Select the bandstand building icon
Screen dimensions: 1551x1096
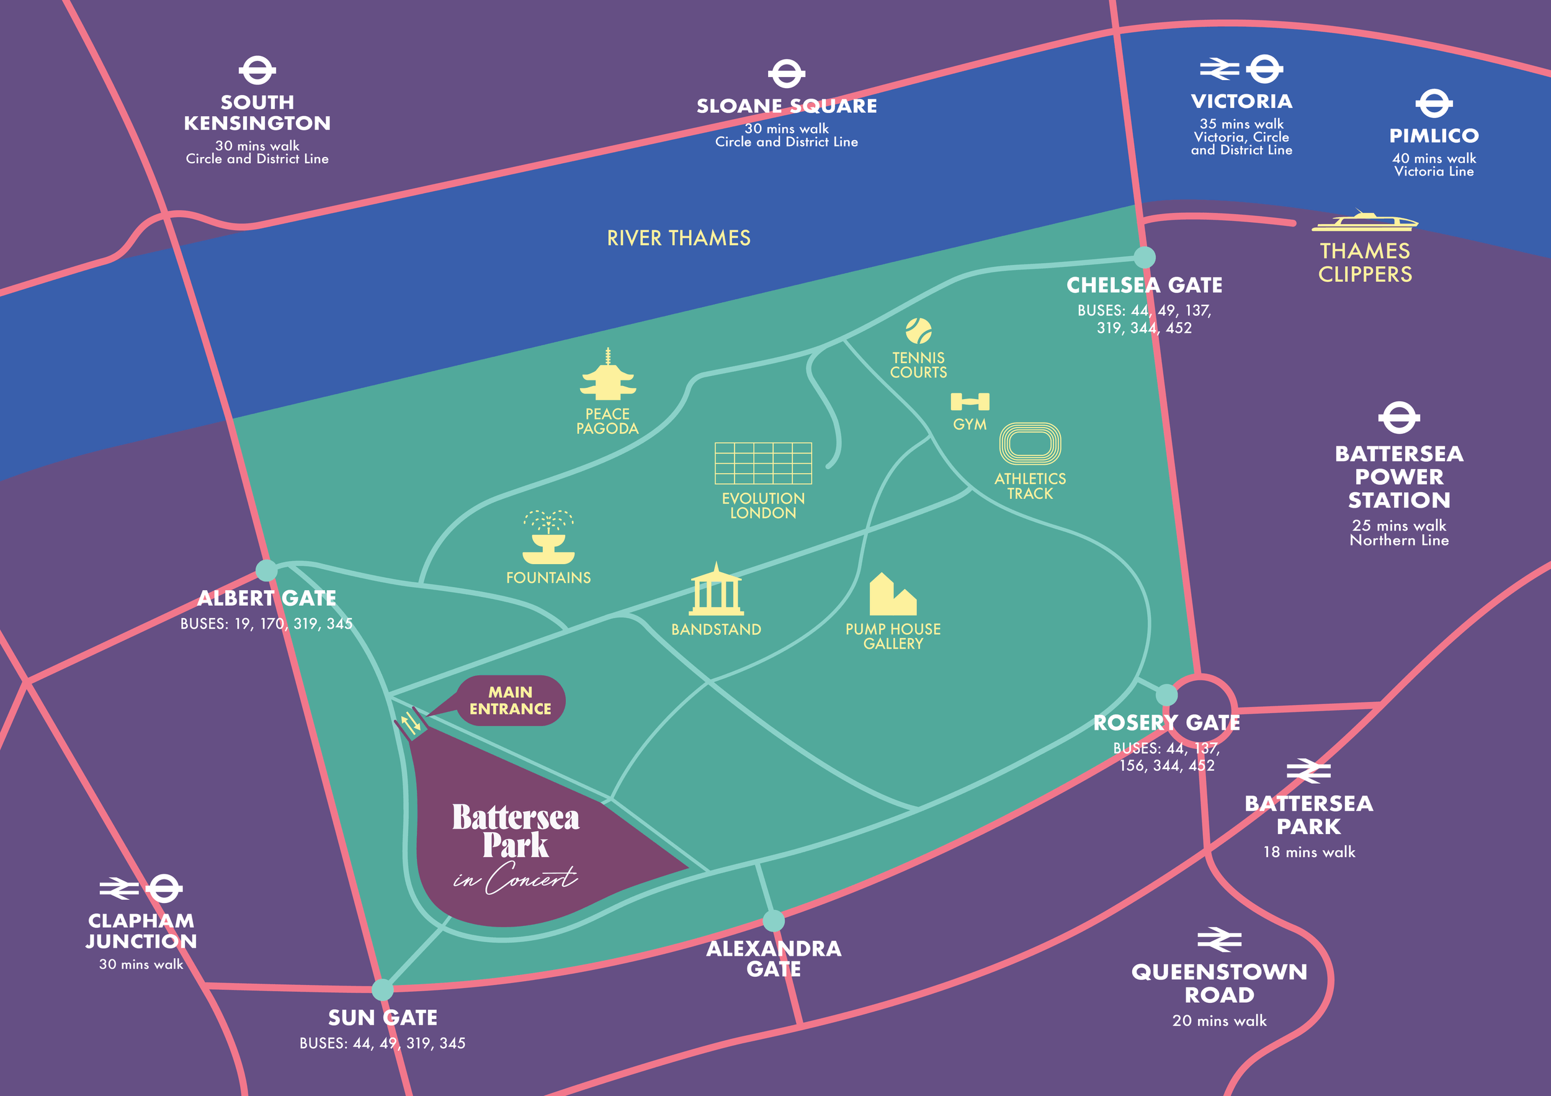point(716,591)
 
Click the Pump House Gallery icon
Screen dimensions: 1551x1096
point(892,595)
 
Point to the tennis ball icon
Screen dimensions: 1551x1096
point(919,331)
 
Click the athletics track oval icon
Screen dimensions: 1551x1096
point(1030,444)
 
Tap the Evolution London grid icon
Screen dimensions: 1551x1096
point(763,464)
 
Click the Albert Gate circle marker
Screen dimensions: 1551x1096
point(266,570)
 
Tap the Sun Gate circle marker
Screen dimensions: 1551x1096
point(382,990)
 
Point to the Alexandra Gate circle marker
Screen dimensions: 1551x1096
point(774,920)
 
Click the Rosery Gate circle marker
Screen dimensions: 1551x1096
point(1166,694)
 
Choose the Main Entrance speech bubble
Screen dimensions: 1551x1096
point(511,701)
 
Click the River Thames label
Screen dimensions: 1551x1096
point(678,238)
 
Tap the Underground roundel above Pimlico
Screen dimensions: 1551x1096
point(1434,104)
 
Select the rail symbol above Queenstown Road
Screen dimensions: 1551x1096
point(1219,939)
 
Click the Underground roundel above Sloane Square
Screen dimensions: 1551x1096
point(786,74)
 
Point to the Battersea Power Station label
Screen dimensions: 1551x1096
point(1399,477)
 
